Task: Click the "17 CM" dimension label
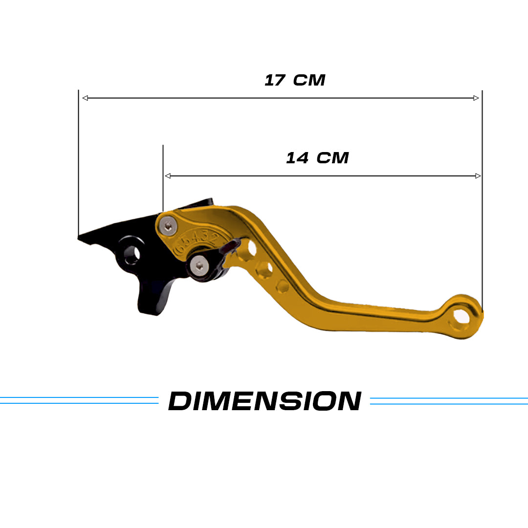[295, 80]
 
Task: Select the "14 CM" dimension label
[317, 158]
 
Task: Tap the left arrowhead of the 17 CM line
[85, 98]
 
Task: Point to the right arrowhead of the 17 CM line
[476, 98]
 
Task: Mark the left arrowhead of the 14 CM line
[168, 176]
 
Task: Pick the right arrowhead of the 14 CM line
[478, 176]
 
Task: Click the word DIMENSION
[264, 401]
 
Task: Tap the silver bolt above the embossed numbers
[169, 225]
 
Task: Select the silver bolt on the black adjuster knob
[200, 265]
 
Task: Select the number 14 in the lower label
[297, 158]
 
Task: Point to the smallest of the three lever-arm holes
[283, 286]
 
